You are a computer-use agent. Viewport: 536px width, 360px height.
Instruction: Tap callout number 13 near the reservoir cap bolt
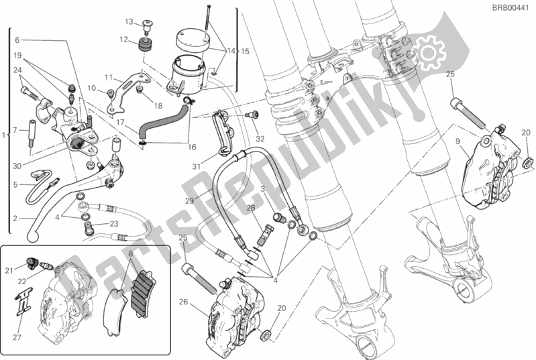(129, 21)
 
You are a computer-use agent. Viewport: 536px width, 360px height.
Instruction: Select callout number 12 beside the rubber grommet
(124, 39)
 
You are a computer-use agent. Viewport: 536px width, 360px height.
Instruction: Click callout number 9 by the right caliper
(458, 141)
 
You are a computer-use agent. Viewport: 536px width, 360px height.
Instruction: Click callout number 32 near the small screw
(260, 139)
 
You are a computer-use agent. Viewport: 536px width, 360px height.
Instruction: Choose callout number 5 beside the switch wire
(15, 184)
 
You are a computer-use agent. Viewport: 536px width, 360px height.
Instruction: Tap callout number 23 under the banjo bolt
(114, 224)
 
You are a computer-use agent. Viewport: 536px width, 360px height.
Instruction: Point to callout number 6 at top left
(17, 39)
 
